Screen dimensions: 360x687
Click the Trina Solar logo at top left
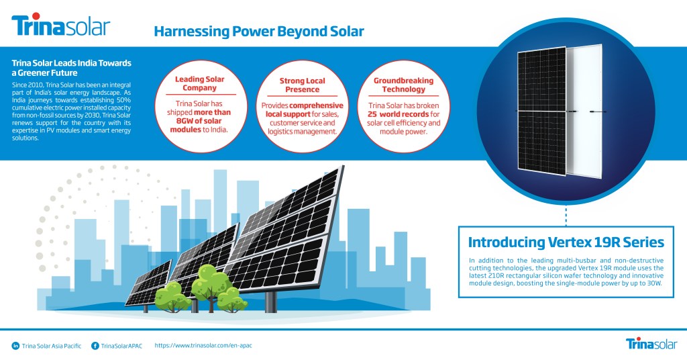[60, 26]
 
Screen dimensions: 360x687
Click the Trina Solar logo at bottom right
[650, 344]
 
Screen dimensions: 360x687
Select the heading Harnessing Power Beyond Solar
[259, 31]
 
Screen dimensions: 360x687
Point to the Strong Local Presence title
[302, 85]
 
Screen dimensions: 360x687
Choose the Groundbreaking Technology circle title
[403, 85]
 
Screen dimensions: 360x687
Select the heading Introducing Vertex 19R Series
[566, 242]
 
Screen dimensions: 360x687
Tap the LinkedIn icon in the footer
[15, 346]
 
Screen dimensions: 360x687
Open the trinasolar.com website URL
[203, 345]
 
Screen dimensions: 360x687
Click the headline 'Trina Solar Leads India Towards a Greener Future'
[70, 68]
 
